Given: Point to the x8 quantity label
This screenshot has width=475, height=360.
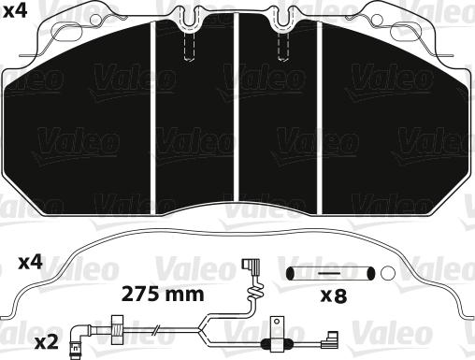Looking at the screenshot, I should tap(332, 296).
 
